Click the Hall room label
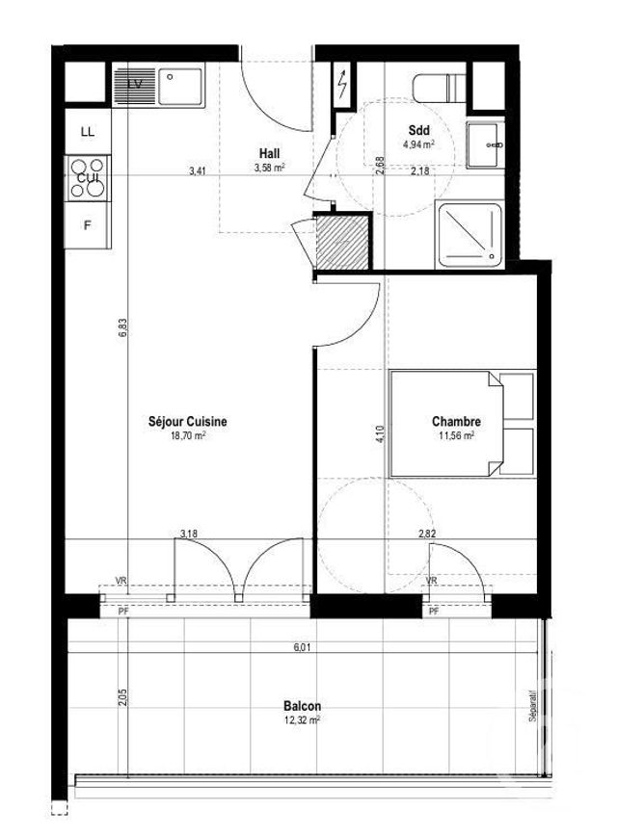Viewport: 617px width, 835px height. tap(269, 153)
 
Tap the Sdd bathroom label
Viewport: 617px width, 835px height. tap(418, 130)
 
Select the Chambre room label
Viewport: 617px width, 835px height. tap(456, 421)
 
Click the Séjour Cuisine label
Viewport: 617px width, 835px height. tap(188, 421)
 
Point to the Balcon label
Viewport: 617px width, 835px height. tap(303, 705)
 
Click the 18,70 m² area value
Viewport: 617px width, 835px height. tap(188, 435)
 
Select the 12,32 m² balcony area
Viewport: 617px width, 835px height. tap(303, 718)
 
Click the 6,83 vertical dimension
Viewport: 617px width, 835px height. tap(124, 330)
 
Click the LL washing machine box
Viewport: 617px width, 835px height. tap(88, 132)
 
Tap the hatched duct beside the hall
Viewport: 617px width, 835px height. tap(343, 242)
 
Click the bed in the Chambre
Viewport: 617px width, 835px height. tap(461, 423)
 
